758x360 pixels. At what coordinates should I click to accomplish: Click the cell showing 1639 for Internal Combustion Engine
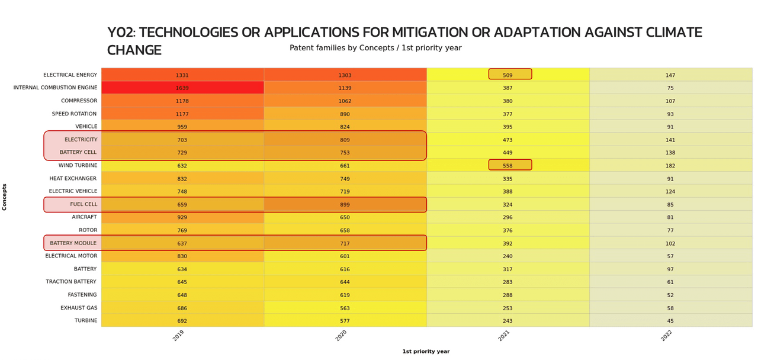coord(182,88)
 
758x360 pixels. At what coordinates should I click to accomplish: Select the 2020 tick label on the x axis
coord(341,336)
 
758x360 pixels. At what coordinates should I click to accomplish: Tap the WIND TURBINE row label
coord(78,165)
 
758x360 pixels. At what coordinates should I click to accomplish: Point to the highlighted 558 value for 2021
coord(510,165)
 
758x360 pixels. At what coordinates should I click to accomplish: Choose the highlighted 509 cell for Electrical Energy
coord(510,75)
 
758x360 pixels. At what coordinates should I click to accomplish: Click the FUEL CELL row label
coord(83,204)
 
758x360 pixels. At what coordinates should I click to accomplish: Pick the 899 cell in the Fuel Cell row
coord(345,204)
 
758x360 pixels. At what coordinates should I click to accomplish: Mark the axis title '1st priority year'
coord(426,352)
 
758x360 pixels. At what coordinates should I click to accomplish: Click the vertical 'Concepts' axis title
coord(5,197)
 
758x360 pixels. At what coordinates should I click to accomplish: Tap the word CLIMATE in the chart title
coord(670,33)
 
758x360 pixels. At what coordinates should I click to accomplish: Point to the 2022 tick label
coord(667,336)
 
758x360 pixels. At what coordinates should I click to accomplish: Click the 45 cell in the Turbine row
coord(670,321)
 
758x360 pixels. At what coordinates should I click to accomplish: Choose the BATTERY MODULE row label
coord(73,243)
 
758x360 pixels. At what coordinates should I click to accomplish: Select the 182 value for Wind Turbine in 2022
coord(670,166)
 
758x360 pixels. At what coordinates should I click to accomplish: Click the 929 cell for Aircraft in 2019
coord(182,217)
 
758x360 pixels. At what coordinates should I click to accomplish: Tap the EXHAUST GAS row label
coord(79,308)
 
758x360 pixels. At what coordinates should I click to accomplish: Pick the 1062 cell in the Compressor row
coord(345,101)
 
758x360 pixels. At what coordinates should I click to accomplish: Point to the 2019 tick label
coord(178,336)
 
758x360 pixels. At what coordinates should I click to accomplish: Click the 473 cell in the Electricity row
coord(508,140)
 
